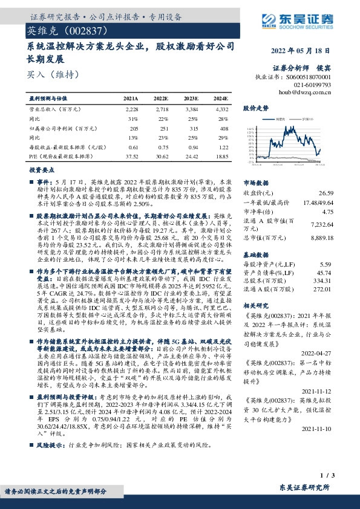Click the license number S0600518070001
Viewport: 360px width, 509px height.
(308, 78)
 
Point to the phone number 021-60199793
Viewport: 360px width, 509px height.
(314, 85)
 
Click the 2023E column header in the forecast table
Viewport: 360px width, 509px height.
(190, 99)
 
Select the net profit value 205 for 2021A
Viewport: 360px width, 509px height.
(134, 129)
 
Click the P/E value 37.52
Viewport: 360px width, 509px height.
(131, 157)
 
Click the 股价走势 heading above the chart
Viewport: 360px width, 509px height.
(255, 109)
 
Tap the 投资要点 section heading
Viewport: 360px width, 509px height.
(42, 171)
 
